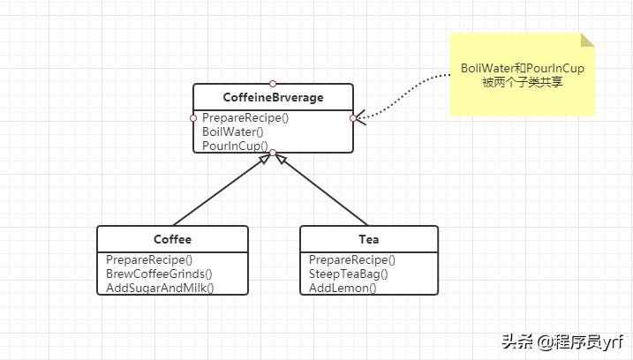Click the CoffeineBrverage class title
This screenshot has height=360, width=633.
tap(274, 97)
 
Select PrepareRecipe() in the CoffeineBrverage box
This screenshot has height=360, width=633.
tap(245, 117)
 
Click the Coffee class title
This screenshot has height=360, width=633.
tap(172, 239)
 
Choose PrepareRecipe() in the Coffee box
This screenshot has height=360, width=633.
tap(149, 259)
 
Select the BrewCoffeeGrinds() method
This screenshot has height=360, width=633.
tap(159, 274)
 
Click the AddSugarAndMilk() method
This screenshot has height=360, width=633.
tap(161, 288)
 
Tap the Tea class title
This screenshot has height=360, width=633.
tap(369, 239)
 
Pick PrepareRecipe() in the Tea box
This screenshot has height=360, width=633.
tap(352, 259)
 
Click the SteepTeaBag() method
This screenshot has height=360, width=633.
tap(349, 274)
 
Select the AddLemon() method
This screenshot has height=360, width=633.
tap(343, 288)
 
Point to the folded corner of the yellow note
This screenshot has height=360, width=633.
tap(587, 40)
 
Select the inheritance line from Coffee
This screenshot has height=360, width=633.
tap(221, 191)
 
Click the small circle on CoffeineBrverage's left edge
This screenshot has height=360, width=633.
tap(193, 117)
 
